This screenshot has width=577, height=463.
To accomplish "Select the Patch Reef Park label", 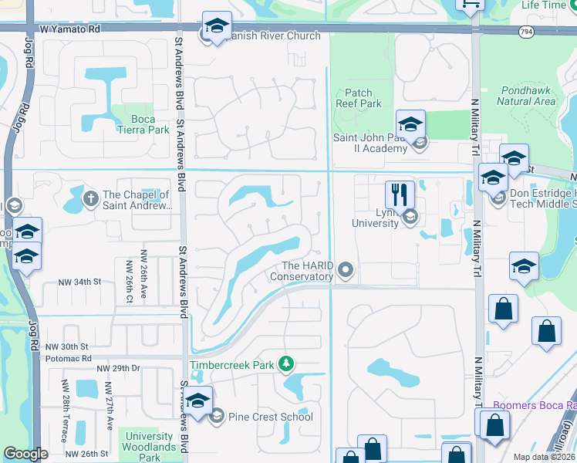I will click(359, 98).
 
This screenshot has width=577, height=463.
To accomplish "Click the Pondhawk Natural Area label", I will click(526, 95).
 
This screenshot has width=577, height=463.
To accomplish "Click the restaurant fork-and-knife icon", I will click(400, 194).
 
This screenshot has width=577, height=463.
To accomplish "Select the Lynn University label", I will click(377, 218).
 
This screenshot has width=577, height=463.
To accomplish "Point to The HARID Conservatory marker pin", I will click(346, 270).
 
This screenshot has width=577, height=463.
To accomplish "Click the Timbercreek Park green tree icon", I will click(286, 363).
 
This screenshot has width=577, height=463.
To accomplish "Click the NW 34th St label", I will click(79, 282).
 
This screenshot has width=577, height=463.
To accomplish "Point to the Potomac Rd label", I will click(68, 359).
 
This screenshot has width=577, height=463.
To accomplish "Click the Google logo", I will click(25, 454).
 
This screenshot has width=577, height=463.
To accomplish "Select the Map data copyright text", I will click(544, 457).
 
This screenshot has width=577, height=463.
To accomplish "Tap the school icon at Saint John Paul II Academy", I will click(410, 123).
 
